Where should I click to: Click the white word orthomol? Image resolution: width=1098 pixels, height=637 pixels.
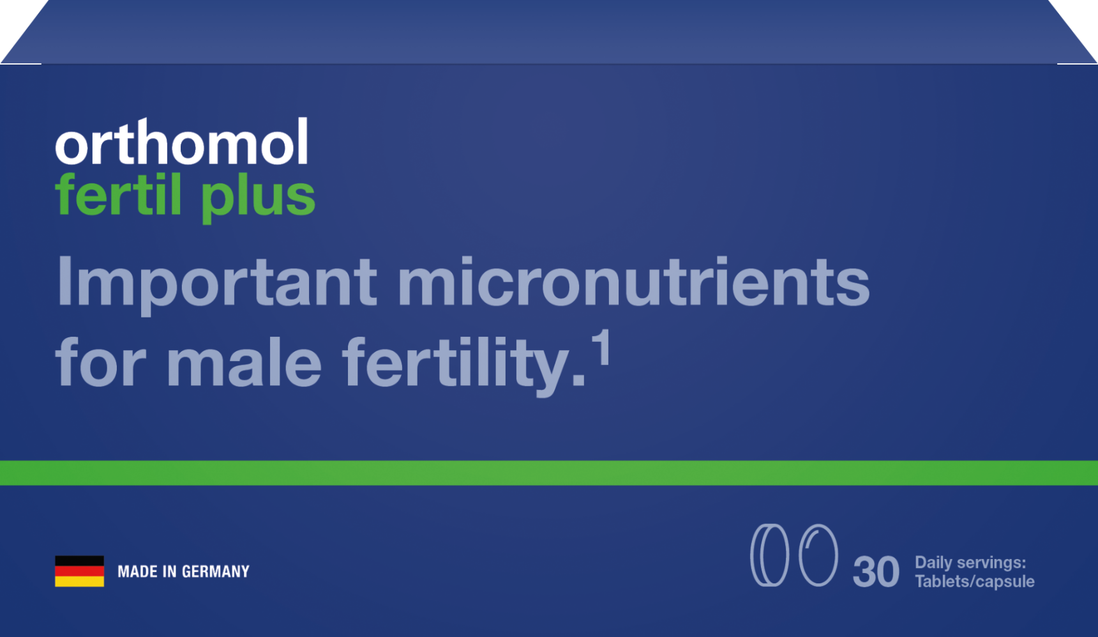(182, 141)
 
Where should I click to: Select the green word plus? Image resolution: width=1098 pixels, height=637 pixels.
(258, 198)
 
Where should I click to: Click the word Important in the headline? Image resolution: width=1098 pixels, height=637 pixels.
(216, 283)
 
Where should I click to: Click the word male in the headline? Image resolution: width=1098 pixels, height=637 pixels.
(244, 362)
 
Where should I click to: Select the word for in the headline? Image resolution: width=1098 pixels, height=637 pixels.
(101, 362)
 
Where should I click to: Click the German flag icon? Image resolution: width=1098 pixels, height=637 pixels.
(79, 571)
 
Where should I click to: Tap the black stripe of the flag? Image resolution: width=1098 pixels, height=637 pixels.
(79, 561)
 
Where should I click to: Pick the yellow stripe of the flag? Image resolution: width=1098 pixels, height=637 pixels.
(79, 581)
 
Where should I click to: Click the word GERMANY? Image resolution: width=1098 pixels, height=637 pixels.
(216, 571)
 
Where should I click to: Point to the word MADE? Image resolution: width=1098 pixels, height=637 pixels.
(137, 571)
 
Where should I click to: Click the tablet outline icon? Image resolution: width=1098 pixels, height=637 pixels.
(769, 555)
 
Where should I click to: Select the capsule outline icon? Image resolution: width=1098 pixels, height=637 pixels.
(818, 555)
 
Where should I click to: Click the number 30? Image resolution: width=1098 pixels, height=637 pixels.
(876, 571)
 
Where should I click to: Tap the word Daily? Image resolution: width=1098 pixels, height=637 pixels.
(933, 563)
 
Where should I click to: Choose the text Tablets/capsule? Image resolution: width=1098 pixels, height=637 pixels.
(975, 581)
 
